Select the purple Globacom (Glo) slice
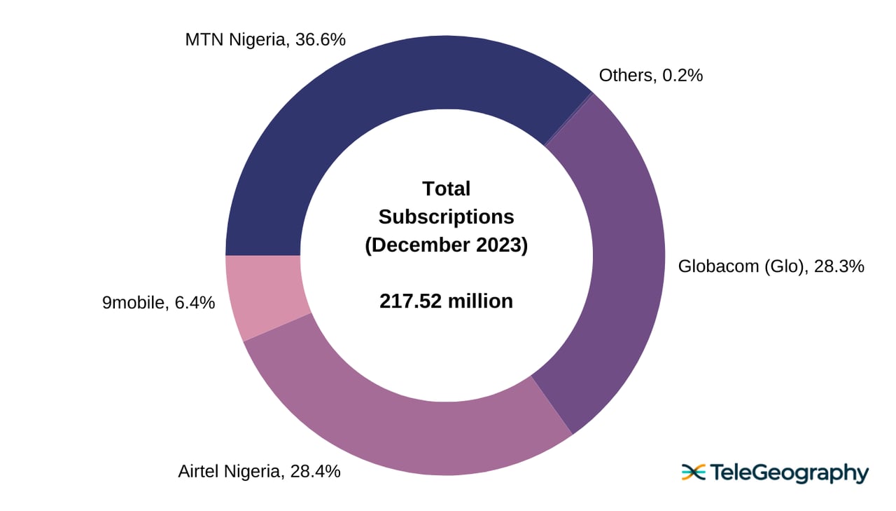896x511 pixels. click(623, 266)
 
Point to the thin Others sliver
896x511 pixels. click(568, 119)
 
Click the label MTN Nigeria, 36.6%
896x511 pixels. click(265, 40)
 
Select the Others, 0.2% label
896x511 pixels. click(650, 75)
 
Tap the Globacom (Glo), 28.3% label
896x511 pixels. click(771, 266)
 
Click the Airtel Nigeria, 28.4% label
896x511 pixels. click(259, 471)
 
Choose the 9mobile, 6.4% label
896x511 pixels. click(158, 304)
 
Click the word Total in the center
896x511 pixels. click(446, 189)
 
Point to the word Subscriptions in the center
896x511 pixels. click(446, 217)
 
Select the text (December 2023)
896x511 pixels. click(446, 245)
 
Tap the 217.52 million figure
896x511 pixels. click(446, 301)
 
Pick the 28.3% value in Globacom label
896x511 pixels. click(839, 266)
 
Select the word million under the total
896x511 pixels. click(480, 301)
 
